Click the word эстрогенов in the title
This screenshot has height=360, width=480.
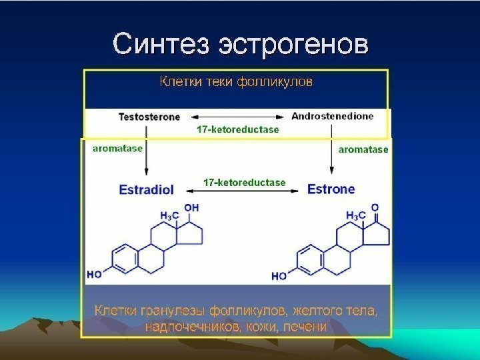(294, 45)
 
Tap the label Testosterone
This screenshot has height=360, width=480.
(149, 117)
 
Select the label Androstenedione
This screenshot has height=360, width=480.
(332, 116)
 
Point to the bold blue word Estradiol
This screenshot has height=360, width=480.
(146, 189)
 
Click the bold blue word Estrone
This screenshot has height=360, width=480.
(331, 189)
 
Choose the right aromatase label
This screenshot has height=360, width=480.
(363, 150)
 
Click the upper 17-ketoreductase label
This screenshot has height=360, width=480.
(237, 129)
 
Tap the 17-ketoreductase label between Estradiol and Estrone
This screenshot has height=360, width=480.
(244, 182)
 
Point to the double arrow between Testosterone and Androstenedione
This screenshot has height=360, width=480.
(236, 117)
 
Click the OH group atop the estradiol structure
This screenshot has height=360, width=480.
(191, 207)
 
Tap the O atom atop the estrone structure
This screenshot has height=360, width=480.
(375, 207)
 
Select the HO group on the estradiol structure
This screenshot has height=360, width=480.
(94, 274)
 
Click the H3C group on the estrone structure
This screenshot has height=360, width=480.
(355, 216)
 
